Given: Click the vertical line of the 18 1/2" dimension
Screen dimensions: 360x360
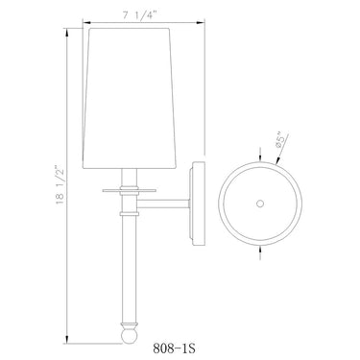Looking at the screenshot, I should pyautogui.click(x=65, y=240).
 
